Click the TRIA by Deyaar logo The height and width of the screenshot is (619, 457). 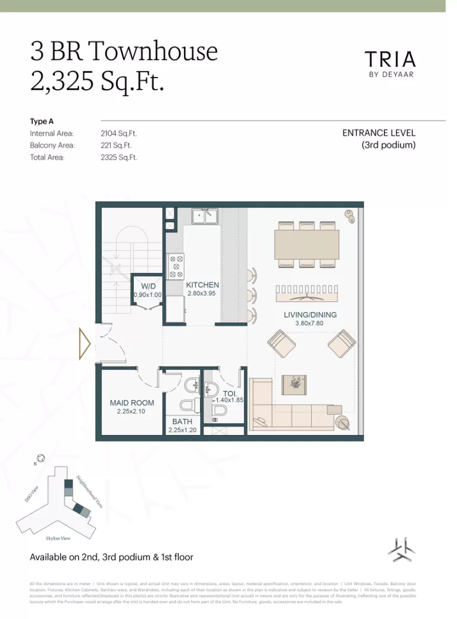tap(390, 63)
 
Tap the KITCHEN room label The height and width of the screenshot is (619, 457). tap(202, 285)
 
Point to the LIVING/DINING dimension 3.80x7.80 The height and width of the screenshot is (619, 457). tap(309, 324)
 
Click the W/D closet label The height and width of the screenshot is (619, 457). tap(148, 285)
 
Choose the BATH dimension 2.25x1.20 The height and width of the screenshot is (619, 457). tap(182, 430)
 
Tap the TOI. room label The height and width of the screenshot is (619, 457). tap(230, 393)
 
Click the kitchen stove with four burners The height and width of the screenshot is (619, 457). tap(176, 266)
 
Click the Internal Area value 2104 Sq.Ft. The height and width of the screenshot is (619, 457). tap(119, 134)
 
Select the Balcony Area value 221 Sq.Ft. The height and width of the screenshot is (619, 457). tap(117, 145)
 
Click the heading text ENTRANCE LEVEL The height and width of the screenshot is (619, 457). tap(378, 133)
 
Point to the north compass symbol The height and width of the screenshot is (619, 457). tap(40, 459)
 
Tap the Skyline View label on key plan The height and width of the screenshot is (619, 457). tap(58, 538)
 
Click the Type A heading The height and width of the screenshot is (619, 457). tap(42, 122)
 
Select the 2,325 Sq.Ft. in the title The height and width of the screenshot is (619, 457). tap(97, 81)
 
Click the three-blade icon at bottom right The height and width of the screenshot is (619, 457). tap(399, 549)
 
